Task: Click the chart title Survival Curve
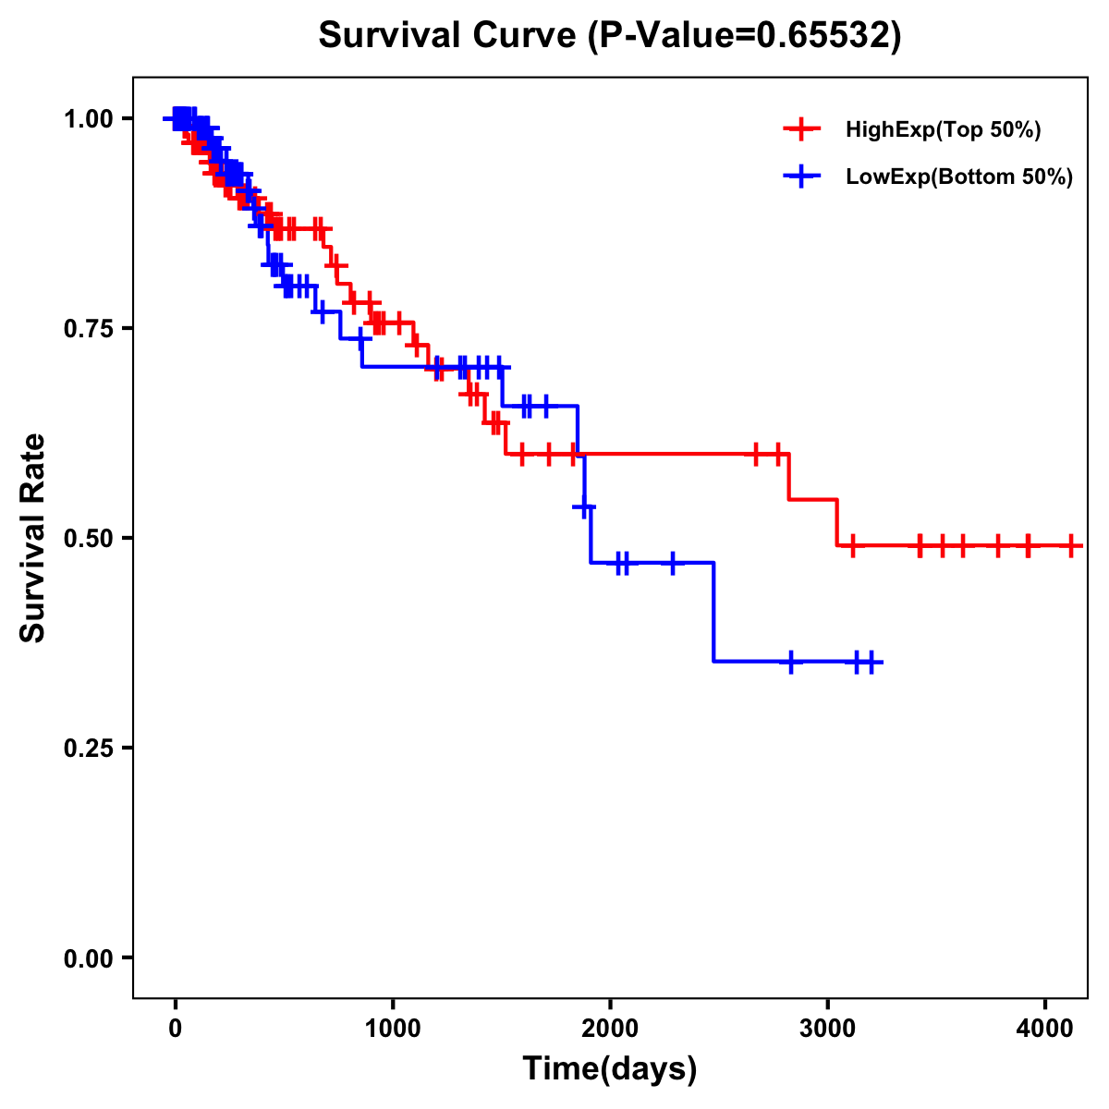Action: [x=451, y=36]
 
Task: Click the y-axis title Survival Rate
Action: [x=33, y=538]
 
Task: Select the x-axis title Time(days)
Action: [x=610, y=1069]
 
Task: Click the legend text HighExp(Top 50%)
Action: [x=944, y=130]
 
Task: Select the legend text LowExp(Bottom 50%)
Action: [x=959, y=177]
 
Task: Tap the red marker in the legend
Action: [x=801, y=129]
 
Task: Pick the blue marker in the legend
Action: [x=801, y=177]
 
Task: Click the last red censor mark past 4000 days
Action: [x=1070, y=545]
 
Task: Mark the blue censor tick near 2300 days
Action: [x=672, y=562]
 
